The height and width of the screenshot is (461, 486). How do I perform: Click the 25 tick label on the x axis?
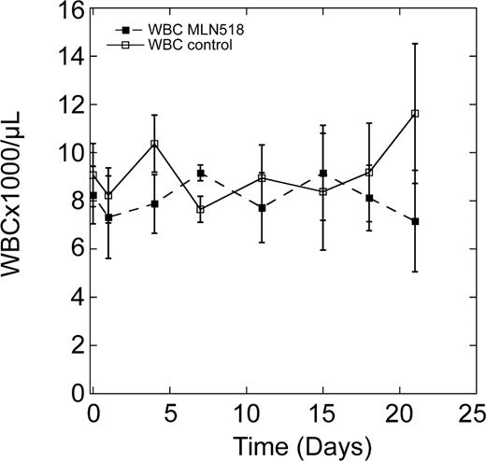[477, 413]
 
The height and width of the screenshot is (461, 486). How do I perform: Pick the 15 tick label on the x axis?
[322, 413]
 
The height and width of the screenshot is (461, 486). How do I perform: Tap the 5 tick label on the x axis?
[169, 413]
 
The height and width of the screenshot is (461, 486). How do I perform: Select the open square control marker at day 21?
[415, 114]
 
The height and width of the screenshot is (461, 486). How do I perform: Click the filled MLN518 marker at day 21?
[415, 221]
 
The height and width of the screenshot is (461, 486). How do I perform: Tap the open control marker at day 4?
[154, 144]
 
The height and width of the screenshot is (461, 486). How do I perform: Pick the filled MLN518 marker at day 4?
[154, 203]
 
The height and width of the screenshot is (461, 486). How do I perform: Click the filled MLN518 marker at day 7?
[200, 173]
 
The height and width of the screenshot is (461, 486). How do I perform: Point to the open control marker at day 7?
[200, 209]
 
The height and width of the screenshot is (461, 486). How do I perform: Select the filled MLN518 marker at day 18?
[369, 198]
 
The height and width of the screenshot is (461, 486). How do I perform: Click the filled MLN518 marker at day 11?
[262, 208]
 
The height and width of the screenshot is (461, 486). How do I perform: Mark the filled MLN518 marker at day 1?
[108, 217]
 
